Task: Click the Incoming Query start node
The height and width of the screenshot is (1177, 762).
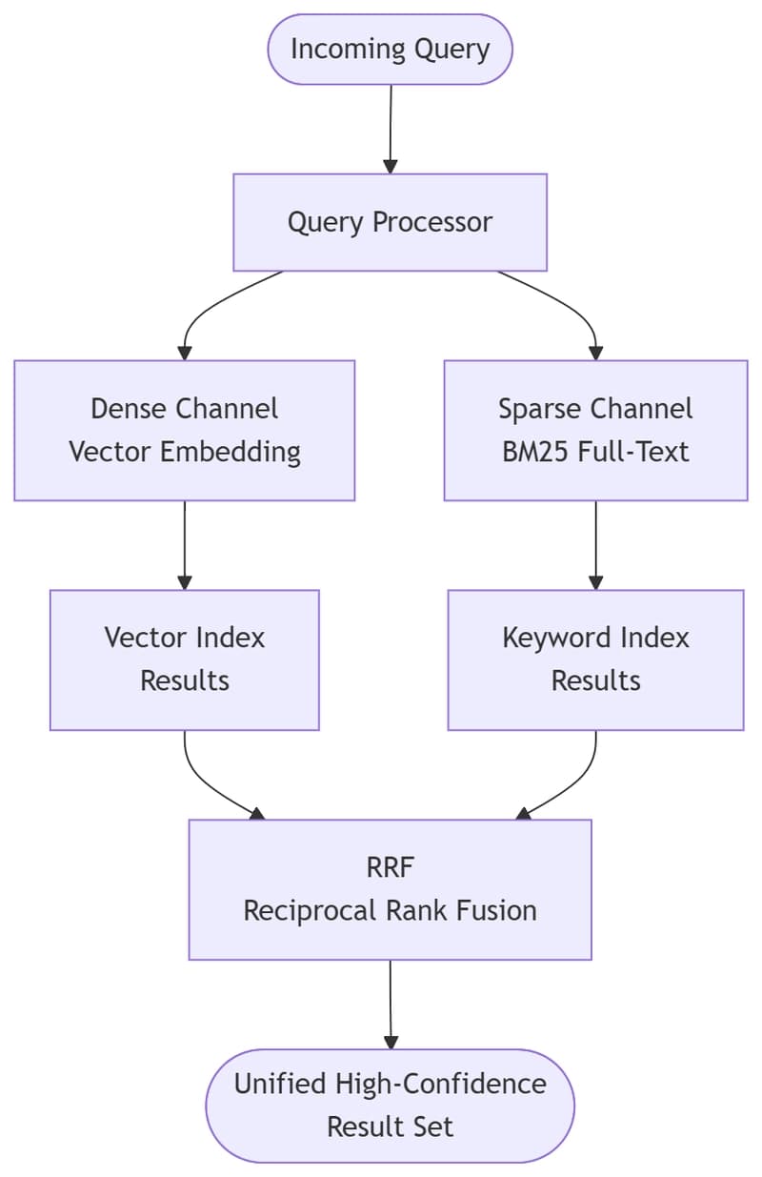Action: (390, 50)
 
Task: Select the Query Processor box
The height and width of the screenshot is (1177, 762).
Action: (390, 222)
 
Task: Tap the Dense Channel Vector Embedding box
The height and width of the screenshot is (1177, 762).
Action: (185, 431)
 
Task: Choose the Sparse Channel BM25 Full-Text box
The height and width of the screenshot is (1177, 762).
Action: (595, 431)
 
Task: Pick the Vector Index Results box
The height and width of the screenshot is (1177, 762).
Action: (185, 660)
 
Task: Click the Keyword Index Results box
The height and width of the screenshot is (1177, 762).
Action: (595, 660)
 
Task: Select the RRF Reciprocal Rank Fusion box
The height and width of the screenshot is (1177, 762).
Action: (390, 889)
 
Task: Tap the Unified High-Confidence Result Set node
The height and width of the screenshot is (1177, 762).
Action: (390, 1106)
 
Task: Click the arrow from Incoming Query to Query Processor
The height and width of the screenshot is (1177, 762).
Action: (391, 130)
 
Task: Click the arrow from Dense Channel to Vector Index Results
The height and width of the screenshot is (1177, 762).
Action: (185, 545)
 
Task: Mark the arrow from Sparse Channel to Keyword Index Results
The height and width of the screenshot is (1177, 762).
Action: (595, 545)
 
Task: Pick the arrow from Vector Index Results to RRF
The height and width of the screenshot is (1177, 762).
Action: (202, 782)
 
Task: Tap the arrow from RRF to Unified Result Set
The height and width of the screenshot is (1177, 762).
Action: (391, 1005)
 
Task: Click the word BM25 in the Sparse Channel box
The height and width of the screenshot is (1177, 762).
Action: (535, 452)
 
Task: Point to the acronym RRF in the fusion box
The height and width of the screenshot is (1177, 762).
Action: (391, 867)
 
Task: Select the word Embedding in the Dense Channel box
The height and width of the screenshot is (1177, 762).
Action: (231, 453)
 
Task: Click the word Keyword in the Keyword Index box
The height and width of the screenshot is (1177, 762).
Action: (557, 639)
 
